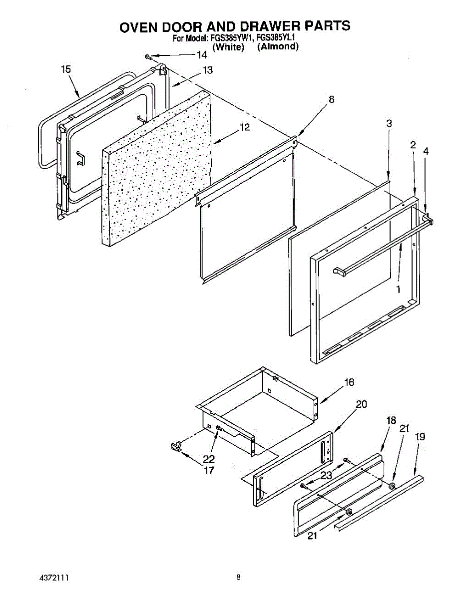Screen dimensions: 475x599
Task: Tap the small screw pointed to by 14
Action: click(148, 56)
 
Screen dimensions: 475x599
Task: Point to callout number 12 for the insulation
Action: click(244, 128)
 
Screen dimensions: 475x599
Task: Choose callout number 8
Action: click(332, 99)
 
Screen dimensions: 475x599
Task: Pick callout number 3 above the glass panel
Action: click(389, 123)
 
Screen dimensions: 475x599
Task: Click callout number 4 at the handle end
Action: click(426, 151)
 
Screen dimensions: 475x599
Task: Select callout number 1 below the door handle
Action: click(398, 289)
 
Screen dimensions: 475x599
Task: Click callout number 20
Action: click(362, 404)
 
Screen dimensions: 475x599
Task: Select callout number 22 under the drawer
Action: click(209, 459)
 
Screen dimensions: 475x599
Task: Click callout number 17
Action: click(209, 470)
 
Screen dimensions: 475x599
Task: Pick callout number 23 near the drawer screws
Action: click(326, 476)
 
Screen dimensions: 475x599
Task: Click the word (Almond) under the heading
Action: click(278, 47)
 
